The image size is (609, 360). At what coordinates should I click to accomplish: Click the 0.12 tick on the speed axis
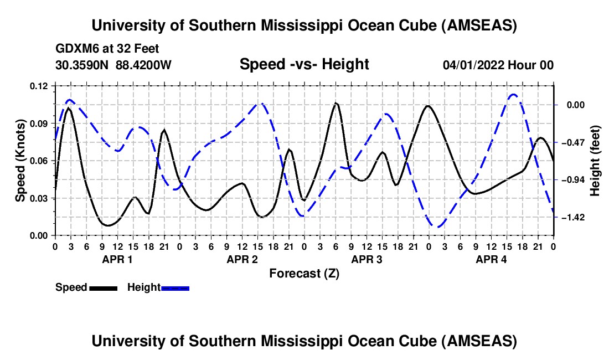[39, 86]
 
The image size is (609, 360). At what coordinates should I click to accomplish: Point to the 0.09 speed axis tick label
[39, 123]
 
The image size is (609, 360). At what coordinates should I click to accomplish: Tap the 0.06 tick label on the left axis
[39, 161]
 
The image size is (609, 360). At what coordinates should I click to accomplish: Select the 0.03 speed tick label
[39, 198]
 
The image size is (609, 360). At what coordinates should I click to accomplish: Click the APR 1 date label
[116, 259]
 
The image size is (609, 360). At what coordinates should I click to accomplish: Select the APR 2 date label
[241, 259]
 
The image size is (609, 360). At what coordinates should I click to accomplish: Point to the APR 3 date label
[367, 259]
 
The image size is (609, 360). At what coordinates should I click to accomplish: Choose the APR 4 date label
[491, 259]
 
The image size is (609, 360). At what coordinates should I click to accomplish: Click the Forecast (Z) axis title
[304, 274]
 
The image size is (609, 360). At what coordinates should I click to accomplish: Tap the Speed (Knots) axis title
[20, 161]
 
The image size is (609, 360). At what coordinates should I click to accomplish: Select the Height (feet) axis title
[596, 161]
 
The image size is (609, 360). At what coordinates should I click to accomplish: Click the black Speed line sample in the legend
[102, 288]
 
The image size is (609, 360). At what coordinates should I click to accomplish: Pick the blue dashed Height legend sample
[175, 288]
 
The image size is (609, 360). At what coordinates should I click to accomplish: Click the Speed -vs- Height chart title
[304, 64]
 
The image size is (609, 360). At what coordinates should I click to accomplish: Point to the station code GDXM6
[75, 49]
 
